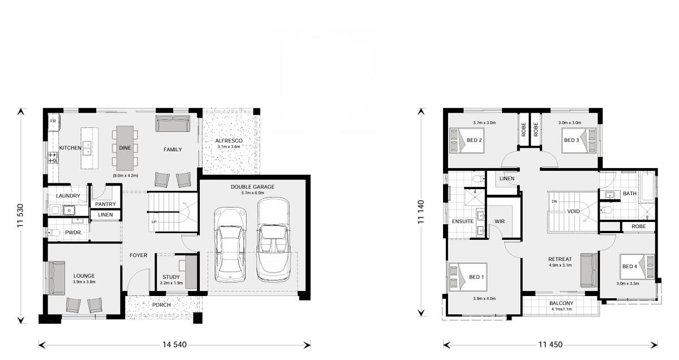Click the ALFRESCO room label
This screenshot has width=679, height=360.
click(229, 141)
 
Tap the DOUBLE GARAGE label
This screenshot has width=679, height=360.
click(252, 187)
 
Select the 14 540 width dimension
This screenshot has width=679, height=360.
click(174, 345)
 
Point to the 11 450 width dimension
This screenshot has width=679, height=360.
click(550, 345)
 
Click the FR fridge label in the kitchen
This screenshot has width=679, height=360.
click(53, 121)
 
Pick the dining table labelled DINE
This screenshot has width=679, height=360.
click(125, 148)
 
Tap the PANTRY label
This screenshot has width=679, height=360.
click(105, 204)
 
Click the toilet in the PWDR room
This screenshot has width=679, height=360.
click(54, 233)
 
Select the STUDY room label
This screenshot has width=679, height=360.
click(171, 277)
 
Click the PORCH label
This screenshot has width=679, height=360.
click(162, 305)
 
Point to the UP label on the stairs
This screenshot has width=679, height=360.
click(154, 222)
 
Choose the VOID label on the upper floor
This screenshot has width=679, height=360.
click(573, 211)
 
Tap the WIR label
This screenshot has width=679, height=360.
click(500, 221)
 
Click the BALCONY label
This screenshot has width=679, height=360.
click(561, 303)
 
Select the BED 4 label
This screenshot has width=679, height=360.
click(630, 266)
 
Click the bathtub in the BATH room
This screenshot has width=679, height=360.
click(647, 187)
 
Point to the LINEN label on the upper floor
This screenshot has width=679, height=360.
click(507, 178)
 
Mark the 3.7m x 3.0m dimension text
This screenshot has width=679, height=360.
click(484, 123)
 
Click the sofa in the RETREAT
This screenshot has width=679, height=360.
click(588, 270)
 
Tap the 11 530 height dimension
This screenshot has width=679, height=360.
click(20, 216)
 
